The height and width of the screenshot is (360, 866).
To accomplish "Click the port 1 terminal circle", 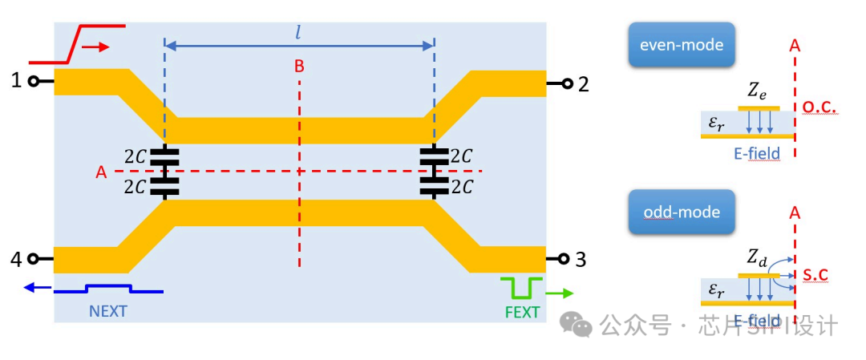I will [x=34, y=81].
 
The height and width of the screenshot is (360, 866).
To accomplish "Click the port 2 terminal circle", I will [x=567, y=83].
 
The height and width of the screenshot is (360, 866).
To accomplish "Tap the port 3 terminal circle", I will [x=564, y=259].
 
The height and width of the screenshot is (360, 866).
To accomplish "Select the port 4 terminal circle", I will [x=34, y=259].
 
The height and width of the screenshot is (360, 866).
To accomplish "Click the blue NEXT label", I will [x=108, y=311].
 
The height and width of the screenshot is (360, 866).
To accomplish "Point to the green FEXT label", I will [x=522, y=312].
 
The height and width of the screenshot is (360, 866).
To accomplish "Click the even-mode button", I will [x=682, y=45].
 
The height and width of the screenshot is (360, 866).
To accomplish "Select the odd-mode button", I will [x=682, y=212].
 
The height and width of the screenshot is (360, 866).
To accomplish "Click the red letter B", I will [x=299, y=66].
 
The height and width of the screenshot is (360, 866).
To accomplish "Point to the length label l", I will [x=298, y=32].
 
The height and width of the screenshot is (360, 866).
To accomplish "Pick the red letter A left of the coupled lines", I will [x=100, y=172].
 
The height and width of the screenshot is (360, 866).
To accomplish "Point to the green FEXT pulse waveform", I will [x=521, y=287].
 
